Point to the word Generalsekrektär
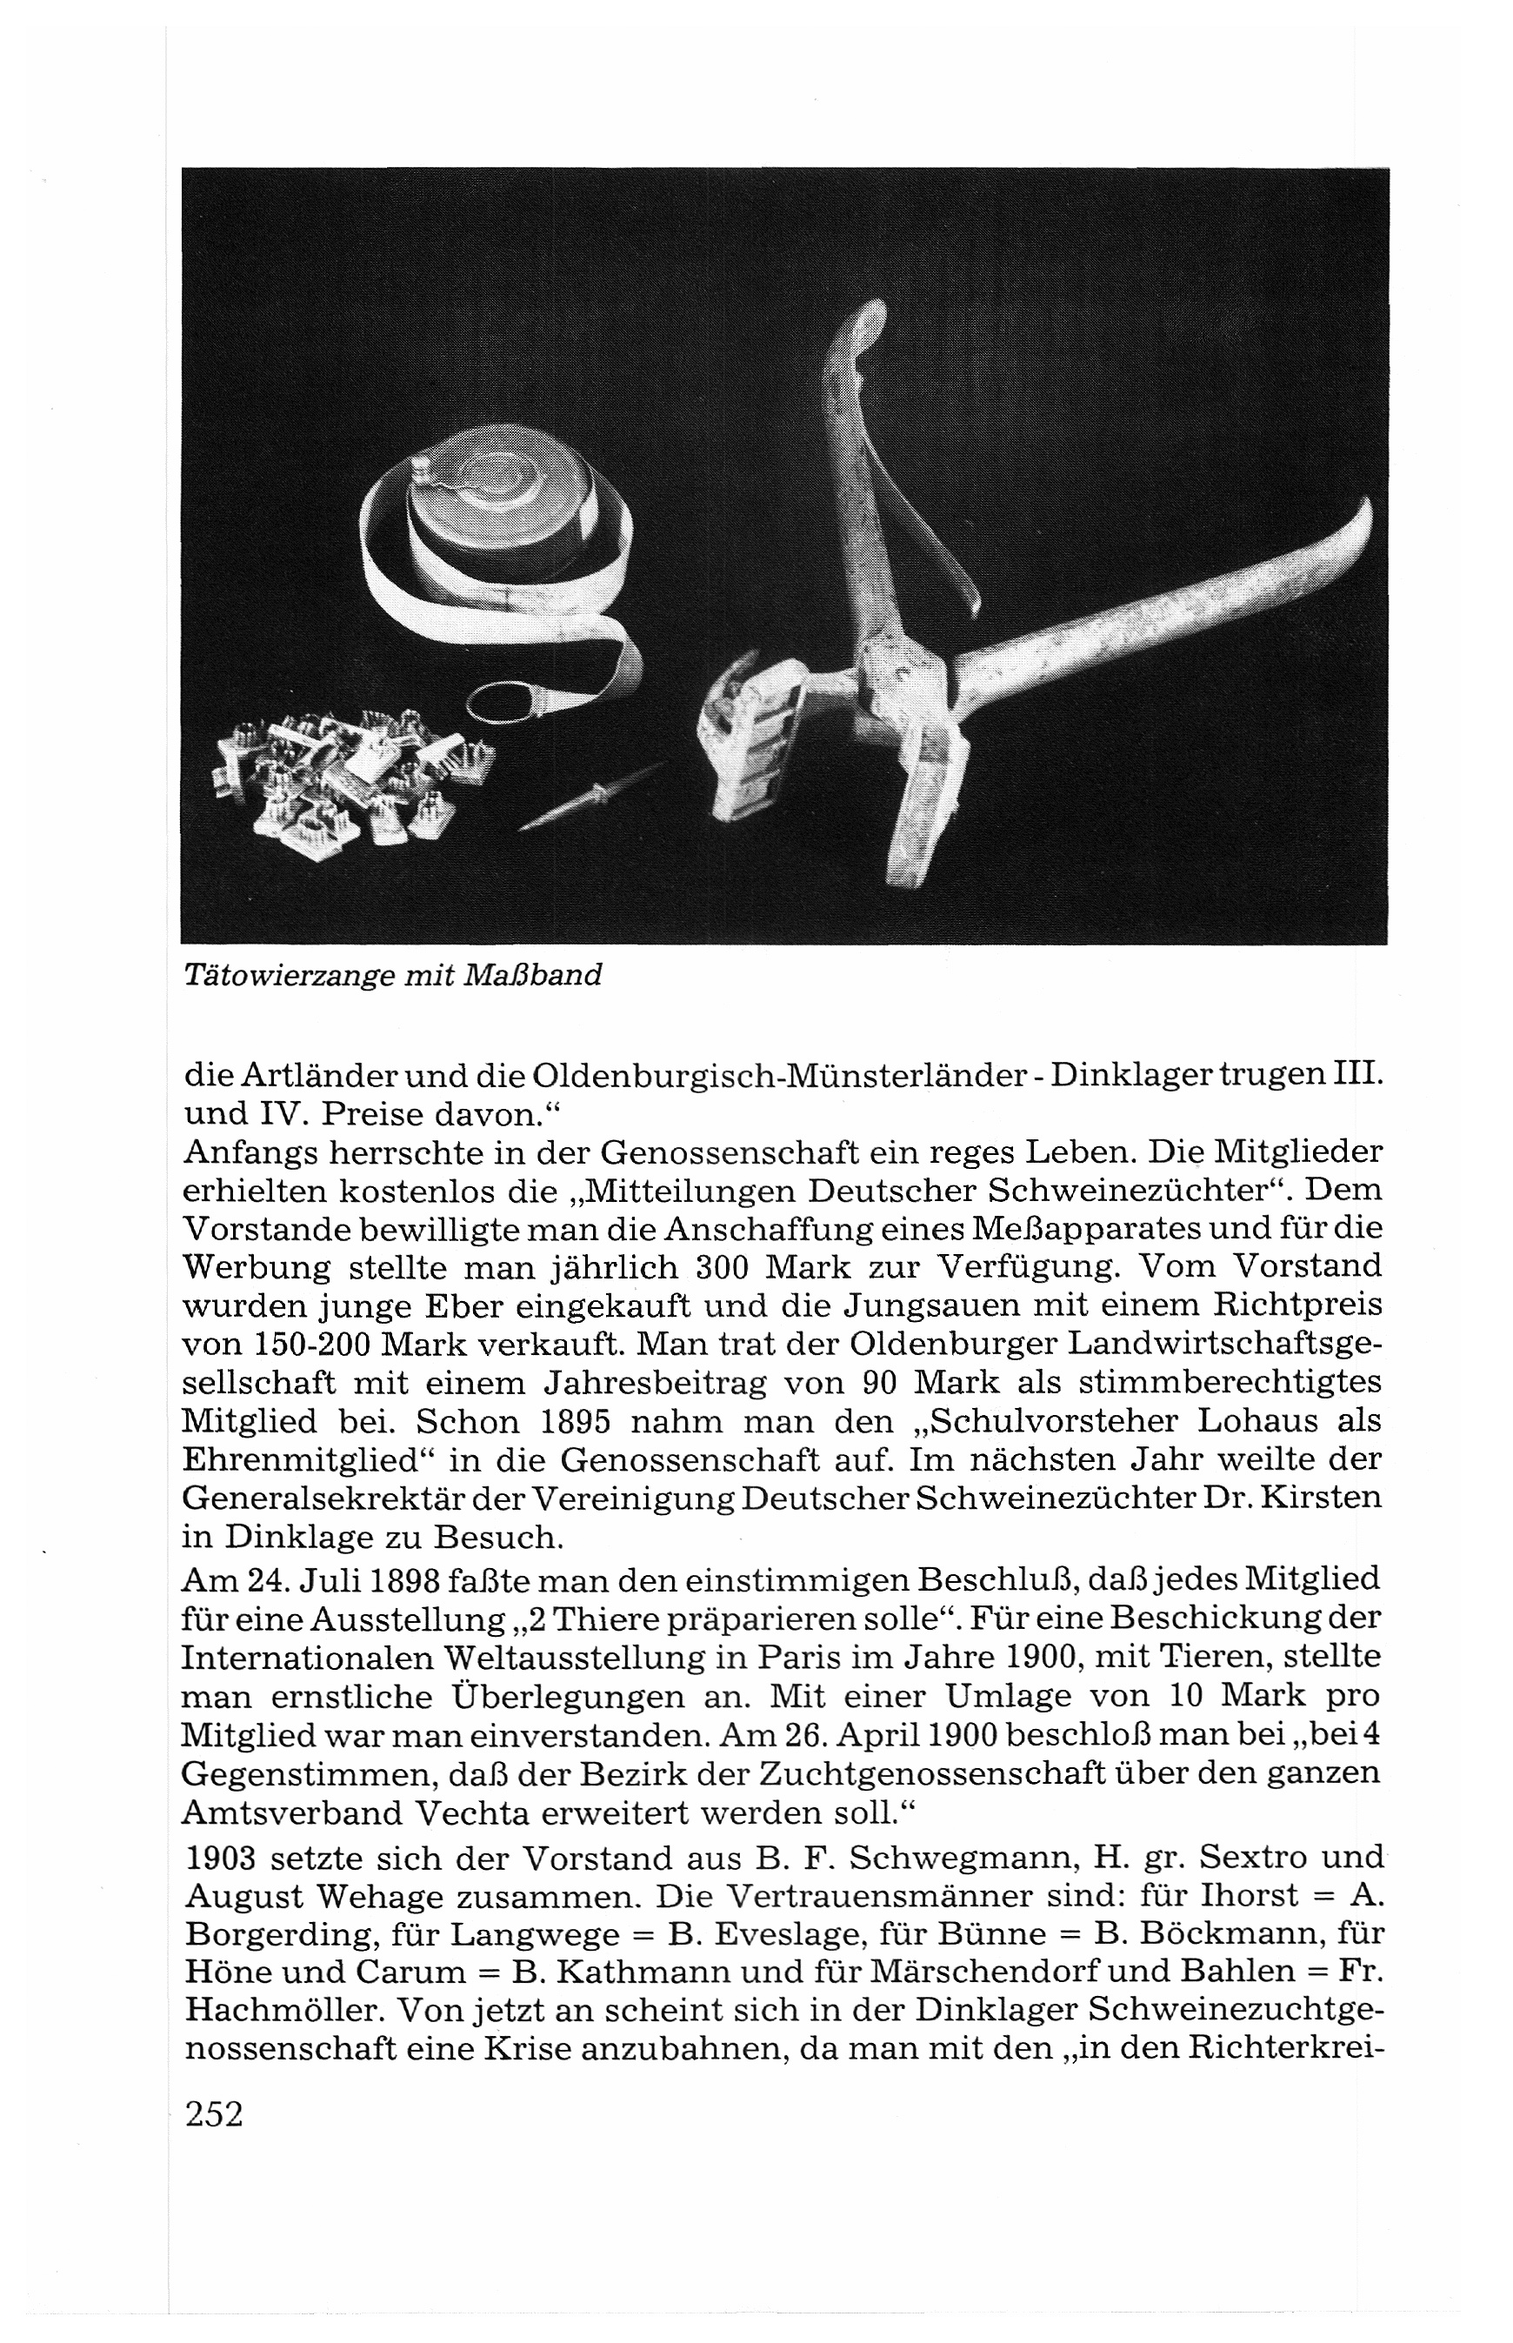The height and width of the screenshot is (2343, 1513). click(373, 1499)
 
